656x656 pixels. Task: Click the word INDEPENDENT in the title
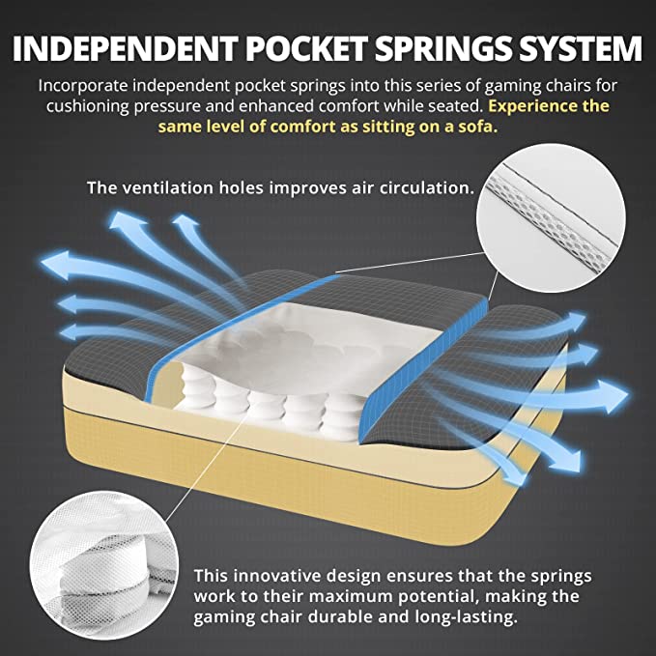coord(125,48)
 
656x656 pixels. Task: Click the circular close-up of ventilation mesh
coord(551,218)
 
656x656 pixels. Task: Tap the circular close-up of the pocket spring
coord(104,565)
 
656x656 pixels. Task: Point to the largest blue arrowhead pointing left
coord(56,265)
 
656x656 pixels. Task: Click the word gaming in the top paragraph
coord(513,86)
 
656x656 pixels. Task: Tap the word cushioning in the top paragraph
coord(87,106)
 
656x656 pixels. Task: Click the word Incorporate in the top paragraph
coord(83,86)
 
